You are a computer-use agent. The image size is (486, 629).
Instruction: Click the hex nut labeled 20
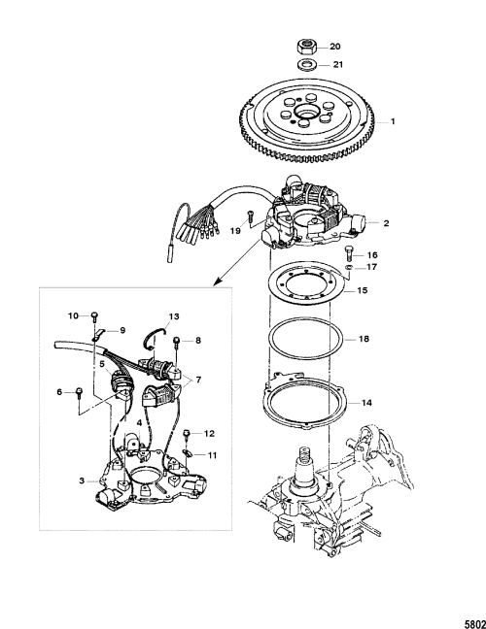coord(307,46)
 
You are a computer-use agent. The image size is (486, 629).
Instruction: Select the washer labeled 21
coord(307,64)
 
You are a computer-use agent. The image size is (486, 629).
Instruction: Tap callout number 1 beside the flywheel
coord(393,121)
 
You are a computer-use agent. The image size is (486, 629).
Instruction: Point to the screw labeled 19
coord(249,215)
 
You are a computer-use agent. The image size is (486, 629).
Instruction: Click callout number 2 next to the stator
coord(386,223)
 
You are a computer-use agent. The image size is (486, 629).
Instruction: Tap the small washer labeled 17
coord(349,267)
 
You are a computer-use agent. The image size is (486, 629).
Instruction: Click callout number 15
coord(363,290)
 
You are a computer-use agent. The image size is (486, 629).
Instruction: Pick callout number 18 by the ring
coord(364,339)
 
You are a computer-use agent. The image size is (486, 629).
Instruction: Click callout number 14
coord(366,403)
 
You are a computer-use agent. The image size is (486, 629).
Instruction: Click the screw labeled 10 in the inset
coord(95,316)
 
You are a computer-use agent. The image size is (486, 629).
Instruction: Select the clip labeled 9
coord(99,333)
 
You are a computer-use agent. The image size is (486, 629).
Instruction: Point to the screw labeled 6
coord(79,392)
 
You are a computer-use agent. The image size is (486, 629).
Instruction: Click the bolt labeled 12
coord(187,434)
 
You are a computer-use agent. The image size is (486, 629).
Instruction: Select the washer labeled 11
coord(187,453)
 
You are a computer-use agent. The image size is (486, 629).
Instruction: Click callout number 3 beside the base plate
coord(82,480)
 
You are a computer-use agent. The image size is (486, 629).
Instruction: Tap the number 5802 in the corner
coord(475,624)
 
